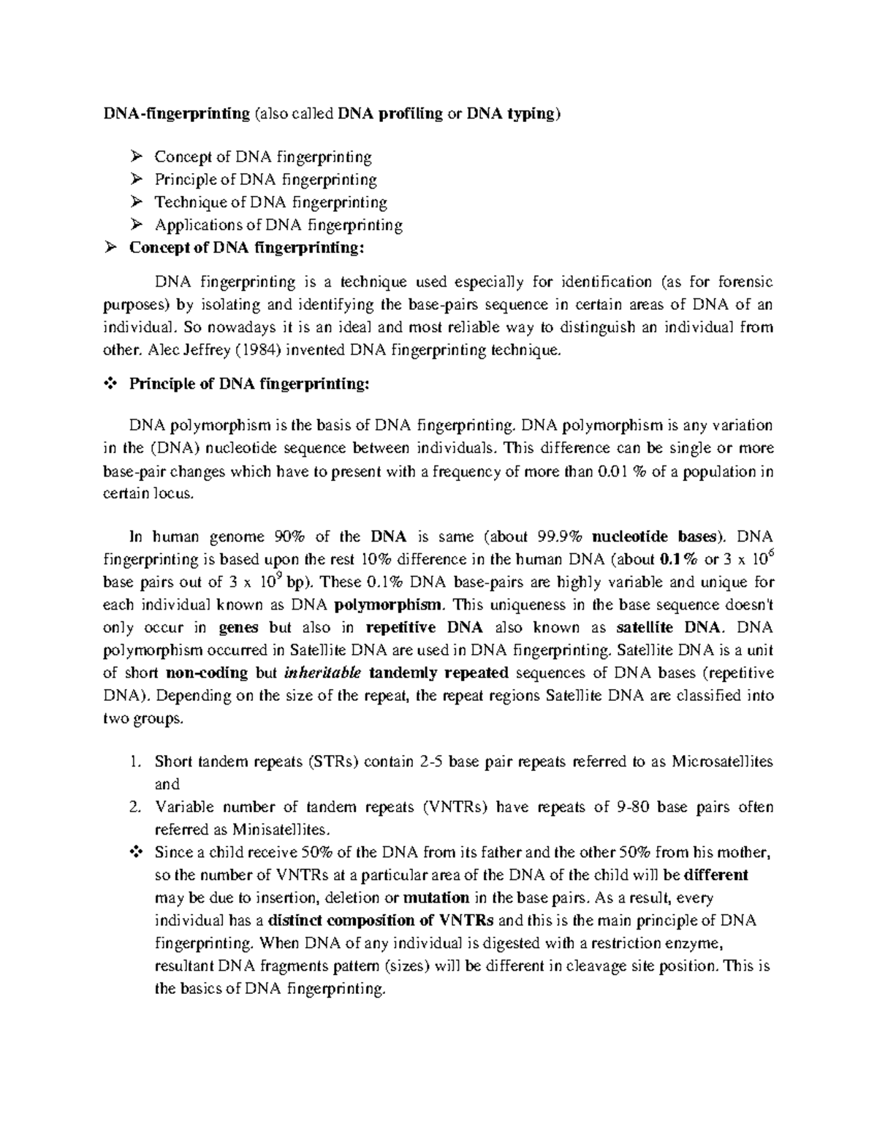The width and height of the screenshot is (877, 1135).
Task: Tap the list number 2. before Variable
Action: pos(134,807)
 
